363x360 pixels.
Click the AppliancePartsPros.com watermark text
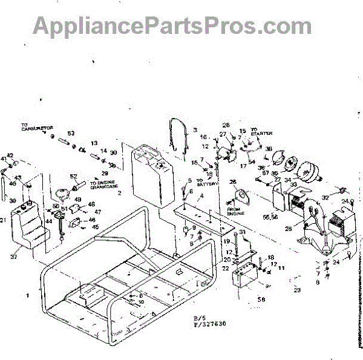pyautogui.click(x=172, y=25)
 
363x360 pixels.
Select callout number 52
pyautogui.click(x=74, y=176)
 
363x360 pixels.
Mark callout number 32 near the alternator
pyautogui.click(x=325, y=197)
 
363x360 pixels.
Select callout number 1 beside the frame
pyautogui.click(x=27, y=295)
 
